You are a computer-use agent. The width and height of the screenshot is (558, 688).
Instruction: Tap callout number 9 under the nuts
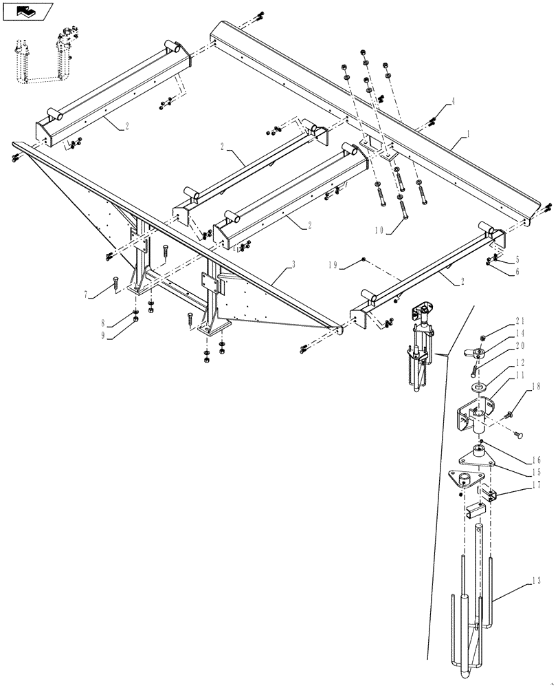[x=104, y=336]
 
